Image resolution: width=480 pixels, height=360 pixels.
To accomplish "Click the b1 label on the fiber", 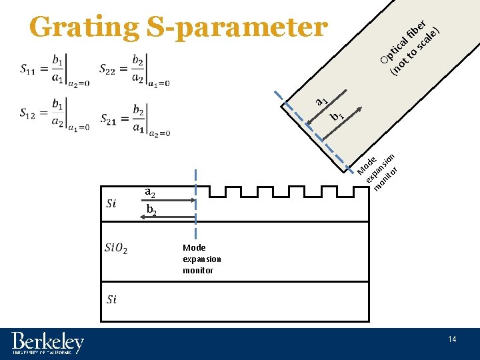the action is pos(337,116).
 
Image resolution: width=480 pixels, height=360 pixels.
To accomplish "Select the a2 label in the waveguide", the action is pos(151,193).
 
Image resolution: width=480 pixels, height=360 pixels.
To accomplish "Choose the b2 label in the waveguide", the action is pos(151,211).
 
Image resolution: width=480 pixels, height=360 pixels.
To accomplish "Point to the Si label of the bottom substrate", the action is pos(111,299).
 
